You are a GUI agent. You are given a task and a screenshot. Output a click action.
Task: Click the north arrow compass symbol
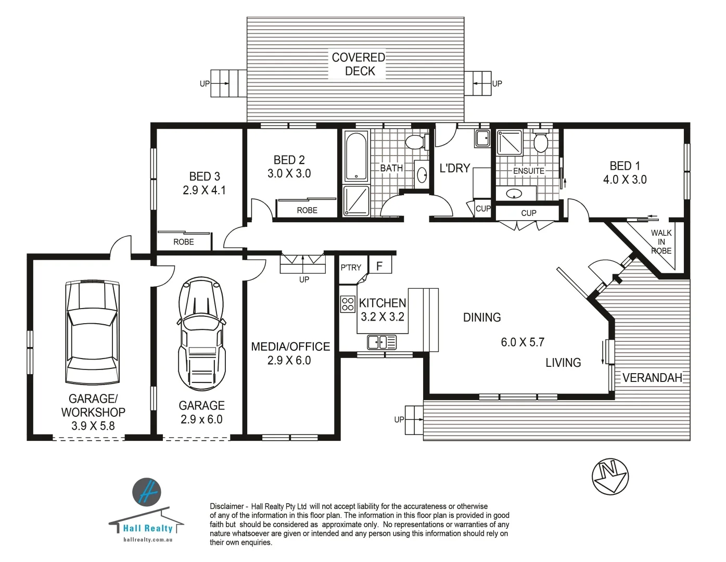click(610, 476)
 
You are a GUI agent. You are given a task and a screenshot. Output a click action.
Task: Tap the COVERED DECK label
click(359, 64)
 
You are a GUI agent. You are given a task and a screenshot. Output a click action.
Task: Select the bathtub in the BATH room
click(356, 156)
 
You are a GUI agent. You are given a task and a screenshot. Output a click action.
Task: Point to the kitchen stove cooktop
click(348, 304)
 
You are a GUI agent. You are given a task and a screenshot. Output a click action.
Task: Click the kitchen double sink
click(381, 342)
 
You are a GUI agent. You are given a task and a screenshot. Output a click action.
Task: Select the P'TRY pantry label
click(351, 267)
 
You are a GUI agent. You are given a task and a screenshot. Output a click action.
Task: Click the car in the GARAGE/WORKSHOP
click(93, 333)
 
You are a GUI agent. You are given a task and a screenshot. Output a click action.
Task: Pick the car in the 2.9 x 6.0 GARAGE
click(201, 333)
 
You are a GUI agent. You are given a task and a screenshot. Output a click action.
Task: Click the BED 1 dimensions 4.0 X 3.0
click(625, 180)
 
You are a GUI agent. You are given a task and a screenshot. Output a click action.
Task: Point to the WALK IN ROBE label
click(661, 242)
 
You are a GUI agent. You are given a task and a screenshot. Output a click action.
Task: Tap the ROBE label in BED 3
click(183, 242)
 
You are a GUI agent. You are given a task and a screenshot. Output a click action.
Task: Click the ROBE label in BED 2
click(307, 210)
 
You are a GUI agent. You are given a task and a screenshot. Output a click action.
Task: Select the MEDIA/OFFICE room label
click(290, 347)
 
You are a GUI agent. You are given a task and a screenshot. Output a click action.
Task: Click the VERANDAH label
click(652, 378)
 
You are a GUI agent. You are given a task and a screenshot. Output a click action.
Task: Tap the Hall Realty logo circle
click(147, 492)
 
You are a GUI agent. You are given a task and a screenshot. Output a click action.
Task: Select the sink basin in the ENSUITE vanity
click(514, 194)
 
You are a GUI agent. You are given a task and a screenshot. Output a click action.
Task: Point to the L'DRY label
click(455, 168)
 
